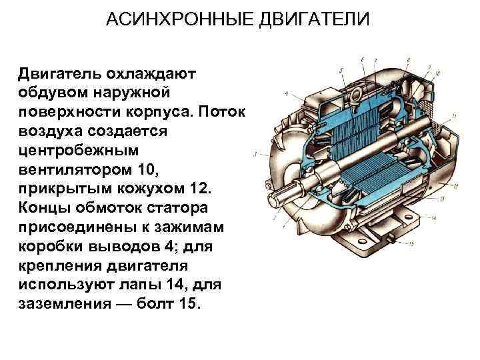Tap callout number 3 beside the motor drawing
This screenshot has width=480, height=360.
255,153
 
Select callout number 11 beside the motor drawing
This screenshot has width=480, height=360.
453,117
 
